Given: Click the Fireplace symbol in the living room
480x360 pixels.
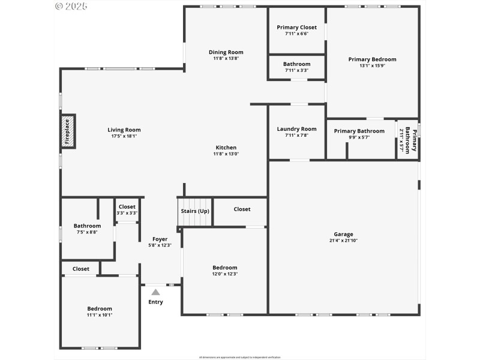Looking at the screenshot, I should [67, 131].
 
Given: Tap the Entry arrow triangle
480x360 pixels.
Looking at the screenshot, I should [155, 292].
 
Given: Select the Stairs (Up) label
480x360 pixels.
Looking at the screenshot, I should [195, 211].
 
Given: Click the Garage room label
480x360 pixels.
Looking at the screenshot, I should [343, 234].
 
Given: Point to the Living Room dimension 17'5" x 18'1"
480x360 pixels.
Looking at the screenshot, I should [124, 136].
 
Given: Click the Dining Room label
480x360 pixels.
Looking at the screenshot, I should [226, 52].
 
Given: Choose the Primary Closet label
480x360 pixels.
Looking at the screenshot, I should [296, 28].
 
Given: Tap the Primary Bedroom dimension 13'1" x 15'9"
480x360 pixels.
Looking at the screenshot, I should [372, 66].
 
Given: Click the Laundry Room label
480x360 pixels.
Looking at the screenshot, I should [296, 129].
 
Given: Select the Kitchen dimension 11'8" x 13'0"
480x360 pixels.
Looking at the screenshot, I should [226, 154].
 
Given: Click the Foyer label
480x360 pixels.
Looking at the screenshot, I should [160, 239].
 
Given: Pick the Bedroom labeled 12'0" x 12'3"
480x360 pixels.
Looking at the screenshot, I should [225, 268].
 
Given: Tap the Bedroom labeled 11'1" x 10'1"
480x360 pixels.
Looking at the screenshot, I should [100, 308].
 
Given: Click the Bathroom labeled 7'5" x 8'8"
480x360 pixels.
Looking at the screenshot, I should [87, 226].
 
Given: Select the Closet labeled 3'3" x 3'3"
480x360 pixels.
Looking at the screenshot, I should [127, 206].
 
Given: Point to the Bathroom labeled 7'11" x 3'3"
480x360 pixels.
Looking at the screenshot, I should [296, 64].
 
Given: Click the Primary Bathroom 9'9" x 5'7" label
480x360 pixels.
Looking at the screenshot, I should [359, 131].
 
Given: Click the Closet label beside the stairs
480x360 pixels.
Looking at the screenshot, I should [242, 209].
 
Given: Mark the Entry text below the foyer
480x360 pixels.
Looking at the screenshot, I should [155, 302].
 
